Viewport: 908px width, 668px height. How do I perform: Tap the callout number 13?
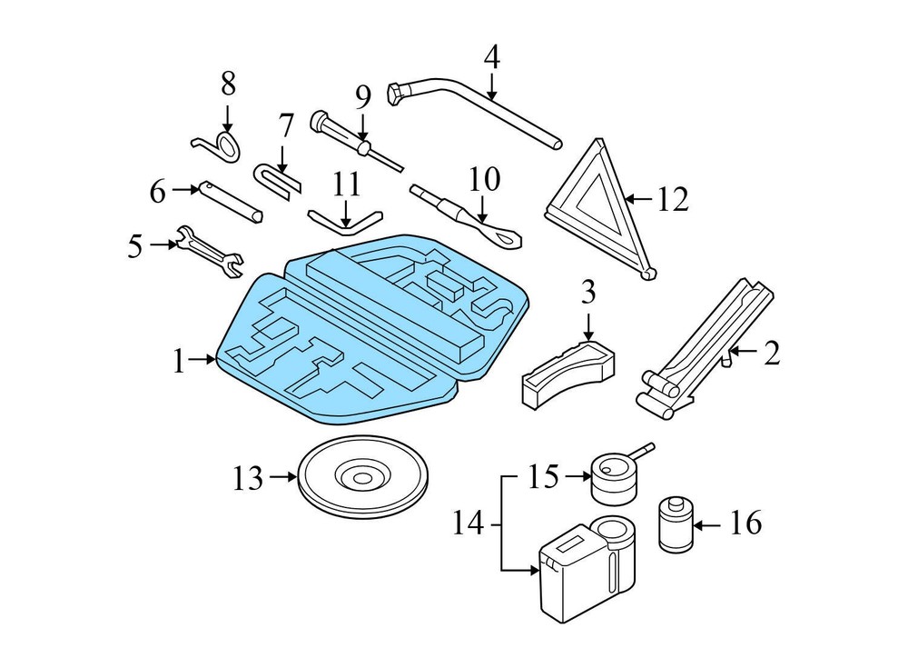[247, 478]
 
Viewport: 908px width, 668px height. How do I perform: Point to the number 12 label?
[673, 199]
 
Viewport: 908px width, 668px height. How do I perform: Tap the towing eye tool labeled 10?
[468, 217]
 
